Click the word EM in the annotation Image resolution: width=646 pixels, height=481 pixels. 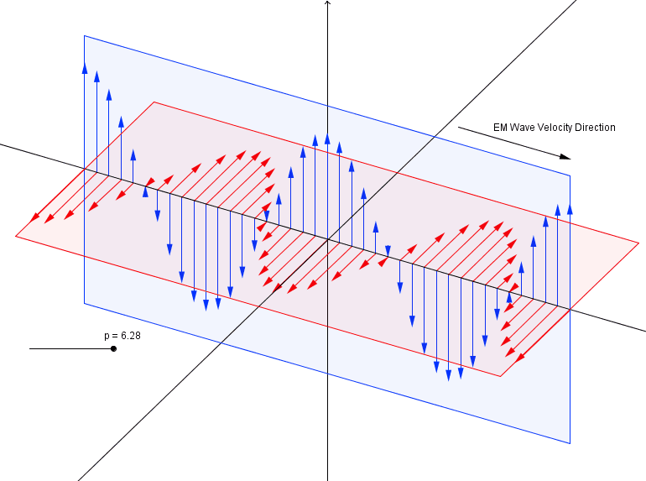click(500, 128)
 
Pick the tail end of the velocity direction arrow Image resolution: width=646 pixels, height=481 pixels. click(459, 128)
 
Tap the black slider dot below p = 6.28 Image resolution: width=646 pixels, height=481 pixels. click(113, 348)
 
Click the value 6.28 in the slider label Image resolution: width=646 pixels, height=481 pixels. click(129, 336)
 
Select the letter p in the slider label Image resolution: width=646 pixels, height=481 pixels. click(107, 337)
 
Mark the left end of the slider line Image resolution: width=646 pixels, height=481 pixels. click(30, 348)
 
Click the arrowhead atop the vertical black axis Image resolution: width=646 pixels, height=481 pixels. click(327, 3)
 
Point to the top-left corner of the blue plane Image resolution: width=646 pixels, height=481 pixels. click(84, 35)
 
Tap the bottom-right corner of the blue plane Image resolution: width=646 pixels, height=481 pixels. click(570, 443)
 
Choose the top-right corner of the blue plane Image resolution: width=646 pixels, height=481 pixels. click(570, 175)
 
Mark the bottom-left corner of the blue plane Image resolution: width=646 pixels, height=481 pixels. click(84, 303)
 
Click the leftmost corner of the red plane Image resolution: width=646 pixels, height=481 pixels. click(15, 236)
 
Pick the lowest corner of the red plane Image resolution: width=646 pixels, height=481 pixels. click(501, 377)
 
